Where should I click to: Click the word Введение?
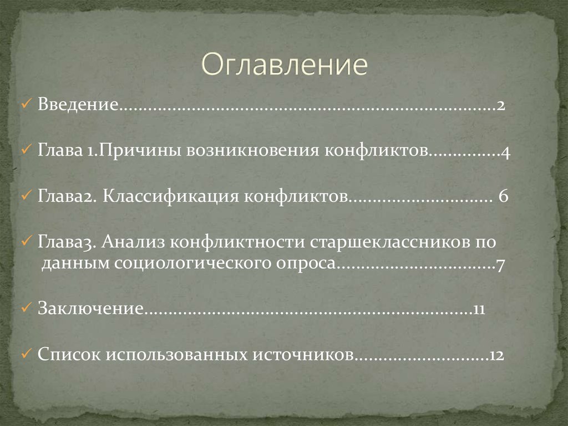(x=77, y=106)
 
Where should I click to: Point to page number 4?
(x=506, y=152)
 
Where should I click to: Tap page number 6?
(x=503, y=197)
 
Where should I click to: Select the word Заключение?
(x=91, y=308)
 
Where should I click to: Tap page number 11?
(x=480, y=308)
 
